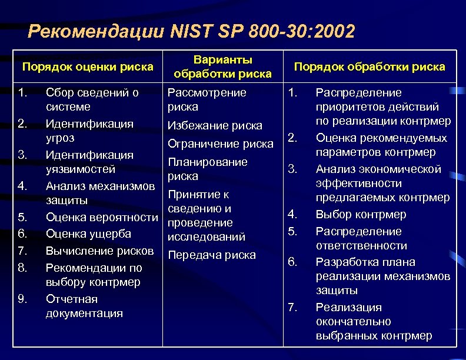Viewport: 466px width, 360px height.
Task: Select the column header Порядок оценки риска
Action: (88, 66)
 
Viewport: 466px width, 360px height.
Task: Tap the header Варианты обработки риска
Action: (222, 66)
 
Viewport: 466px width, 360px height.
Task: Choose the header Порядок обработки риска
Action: (370, 66)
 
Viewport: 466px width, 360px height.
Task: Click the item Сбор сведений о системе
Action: (92, 100)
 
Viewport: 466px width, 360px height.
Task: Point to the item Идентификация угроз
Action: (89, 131)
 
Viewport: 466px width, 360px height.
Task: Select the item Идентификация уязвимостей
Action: (89, 162)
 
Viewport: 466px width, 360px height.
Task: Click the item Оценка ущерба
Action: (88, 234)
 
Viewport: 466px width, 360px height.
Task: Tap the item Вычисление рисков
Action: (100, 251)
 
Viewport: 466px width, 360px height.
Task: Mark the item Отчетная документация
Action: (84, 306)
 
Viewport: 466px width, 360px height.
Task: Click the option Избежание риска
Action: (215, 126)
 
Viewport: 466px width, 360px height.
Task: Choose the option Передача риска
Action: (212, 255)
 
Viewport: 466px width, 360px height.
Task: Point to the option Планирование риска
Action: (207, 169)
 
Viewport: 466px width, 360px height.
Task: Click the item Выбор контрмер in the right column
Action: (361, 214)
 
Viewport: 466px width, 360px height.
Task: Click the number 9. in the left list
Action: (22, 299)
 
